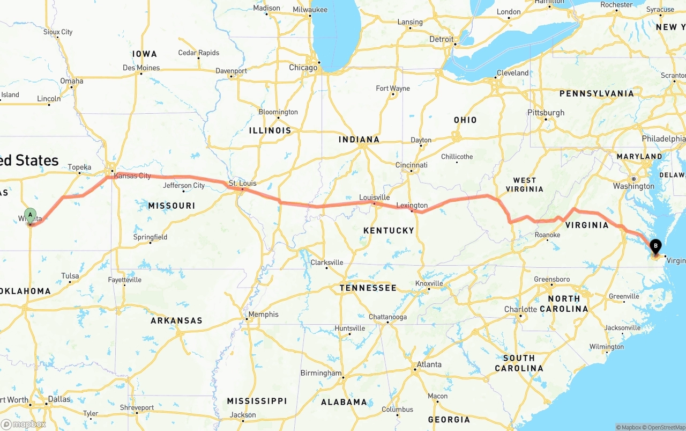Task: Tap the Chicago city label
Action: pos(303,68)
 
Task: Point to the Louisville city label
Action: pos(375,197)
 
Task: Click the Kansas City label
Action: pos(132,176)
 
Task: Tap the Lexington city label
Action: pos(412,205)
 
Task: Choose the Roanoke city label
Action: pos(547,235)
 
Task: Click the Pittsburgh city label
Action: pos(546,113)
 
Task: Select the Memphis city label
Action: pos(263,314)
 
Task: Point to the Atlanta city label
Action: pos(429,364)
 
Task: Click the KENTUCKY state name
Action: pos(389,230)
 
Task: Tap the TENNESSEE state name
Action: pos(368,288)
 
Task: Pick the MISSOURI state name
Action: pos(171,206)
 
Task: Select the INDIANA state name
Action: pos(359,140)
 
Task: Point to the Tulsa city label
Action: pos(70,276)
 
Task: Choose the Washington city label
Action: pos(634,186)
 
